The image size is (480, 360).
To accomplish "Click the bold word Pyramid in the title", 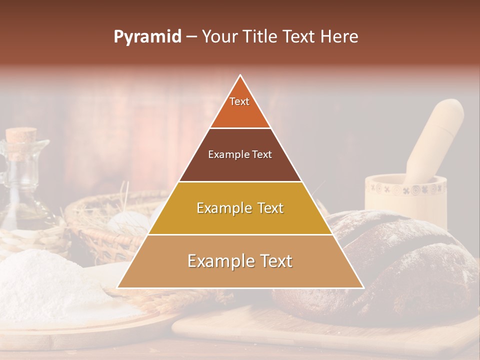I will pos(147,37).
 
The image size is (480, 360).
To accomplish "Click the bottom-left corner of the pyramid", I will pos(118,287).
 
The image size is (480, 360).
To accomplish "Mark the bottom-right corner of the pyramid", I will pos(362,287).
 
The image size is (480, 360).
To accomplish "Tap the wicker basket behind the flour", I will pos(100,220).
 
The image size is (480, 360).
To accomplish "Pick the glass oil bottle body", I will pos(22,190).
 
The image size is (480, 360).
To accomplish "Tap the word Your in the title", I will pos(219,37).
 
